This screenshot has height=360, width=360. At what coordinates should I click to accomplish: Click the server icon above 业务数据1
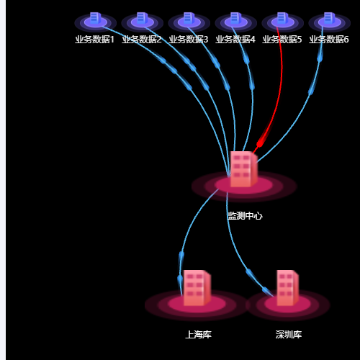coord(96,18)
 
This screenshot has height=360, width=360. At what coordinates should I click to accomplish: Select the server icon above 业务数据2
coord(143,18)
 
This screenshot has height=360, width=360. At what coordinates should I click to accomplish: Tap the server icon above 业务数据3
coord(189,18)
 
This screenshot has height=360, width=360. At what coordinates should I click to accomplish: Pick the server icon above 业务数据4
coord(236,18)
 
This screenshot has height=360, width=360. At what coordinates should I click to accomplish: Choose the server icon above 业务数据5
coord(283,18)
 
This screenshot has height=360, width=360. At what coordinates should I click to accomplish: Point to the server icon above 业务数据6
coord(330,18)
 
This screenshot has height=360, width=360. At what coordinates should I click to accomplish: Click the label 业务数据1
coord(94,40)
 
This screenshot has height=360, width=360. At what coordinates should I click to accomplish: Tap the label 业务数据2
coord(142,40)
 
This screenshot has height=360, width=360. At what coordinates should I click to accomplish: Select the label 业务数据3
coord(189,40)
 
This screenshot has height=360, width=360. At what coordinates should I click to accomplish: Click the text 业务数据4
coord(235,40)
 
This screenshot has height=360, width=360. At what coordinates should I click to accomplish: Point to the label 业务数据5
coord(282,40)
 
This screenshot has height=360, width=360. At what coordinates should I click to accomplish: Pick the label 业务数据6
coord(329,40)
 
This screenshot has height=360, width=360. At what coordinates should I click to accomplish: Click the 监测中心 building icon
coord(244,169)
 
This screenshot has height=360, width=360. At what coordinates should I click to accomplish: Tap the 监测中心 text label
coord(245,216)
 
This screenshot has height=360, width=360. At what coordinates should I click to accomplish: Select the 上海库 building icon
coord(197,288)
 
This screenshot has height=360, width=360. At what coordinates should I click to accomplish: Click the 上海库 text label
coord(198,335)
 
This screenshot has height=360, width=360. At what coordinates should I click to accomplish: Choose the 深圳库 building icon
coord(287,288)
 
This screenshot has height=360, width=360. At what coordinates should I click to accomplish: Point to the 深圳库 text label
coord(289,335)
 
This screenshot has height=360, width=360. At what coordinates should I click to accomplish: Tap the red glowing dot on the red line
coord(260,144)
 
